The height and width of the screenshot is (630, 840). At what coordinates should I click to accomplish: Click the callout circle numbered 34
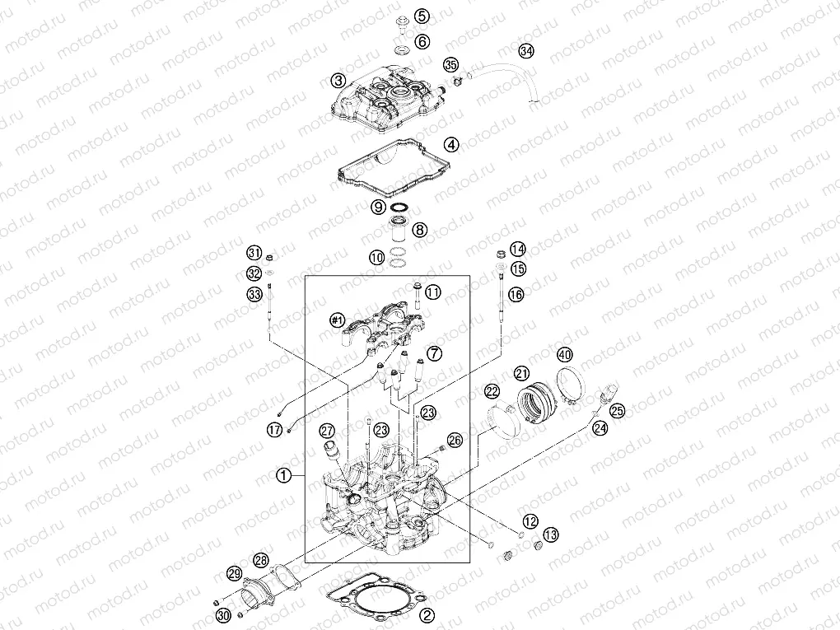click(526, 51)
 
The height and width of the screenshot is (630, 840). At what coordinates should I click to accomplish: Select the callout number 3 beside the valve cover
click(338, 81)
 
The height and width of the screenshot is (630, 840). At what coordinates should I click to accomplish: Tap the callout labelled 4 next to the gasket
click(451, 145)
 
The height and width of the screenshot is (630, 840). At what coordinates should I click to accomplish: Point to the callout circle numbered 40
click(565, 354)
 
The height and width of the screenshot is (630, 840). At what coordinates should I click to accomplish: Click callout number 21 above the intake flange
click(521, 373)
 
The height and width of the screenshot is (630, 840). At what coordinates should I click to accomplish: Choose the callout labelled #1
click(337, 320)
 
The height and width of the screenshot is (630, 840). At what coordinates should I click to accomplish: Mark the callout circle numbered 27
click(327, 431)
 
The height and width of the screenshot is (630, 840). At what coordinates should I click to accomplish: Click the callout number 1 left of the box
click(284, 474)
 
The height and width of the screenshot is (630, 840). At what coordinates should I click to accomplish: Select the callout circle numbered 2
click(427, 615)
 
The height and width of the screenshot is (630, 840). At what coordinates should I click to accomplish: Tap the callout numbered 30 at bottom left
click(223, 615)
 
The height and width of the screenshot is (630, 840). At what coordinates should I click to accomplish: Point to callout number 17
click(275, 429)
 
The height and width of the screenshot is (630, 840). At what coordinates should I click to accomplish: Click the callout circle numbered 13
click(551, 534)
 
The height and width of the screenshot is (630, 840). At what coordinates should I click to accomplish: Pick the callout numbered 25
click(617, 411)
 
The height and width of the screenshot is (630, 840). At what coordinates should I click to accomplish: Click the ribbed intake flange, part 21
click(536, 402)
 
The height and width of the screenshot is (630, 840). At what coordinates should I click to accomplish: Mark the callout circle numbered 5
click(422, 16)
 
